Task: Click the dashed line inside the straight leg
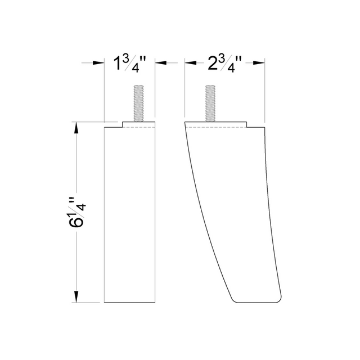(x=129, y=128)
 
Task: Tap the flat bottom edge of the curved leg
(x=253, y=302)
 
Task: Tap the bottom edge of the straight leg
(x=129, y=303)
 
